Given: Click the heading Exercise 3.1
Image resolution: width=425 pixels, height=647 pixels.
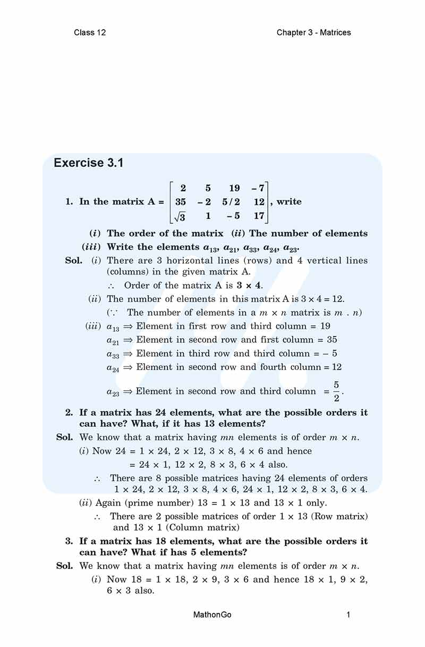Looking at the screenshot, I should pos(89,163).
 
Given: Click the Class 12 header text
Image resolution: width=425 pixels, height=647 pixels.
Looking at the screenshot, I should pos(90,32).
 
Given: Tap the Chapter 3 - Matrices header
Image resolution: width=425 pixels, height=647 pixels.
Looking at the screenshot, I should pos(313,32).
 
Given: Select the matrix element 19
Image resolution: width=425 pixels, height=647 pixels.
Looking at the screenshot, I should pos(234,188).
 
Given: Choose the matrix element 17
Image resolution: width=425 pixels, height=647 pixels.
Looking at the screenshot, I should pos(259,216).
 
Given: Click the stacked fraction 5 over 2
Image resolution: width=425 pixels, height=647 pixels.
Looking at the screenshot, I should pos(336,391).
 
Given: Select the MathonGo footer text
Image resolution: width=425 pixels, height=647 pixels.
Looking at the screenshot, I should pos(212,615).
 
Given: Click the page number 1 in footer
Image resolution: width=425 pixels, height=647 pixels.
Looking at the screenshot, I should pos(348,615).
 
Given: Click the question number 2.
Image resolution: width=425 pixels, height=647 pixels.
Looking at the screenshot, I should pos(69,413).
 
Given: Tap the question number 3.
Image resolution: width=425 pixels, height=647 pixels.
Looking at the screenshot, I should pos(69,541).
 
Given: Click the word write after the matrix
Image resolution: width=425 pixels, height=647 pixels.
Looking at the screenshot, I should pos(289,202).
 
